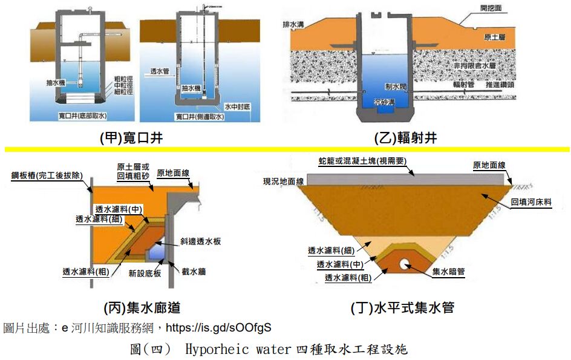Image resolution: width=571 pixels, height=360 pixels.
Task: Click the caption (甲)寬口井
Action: coord(131,139)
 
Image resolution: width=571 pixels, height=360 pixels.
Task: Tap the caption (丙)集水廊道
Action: coord(142,308)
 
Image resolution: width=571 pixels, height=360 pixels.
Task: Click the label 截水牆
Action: coord(193,272)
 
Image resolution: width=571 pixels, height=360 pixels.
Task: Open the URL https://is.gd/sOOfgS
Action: coord(218,328)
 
